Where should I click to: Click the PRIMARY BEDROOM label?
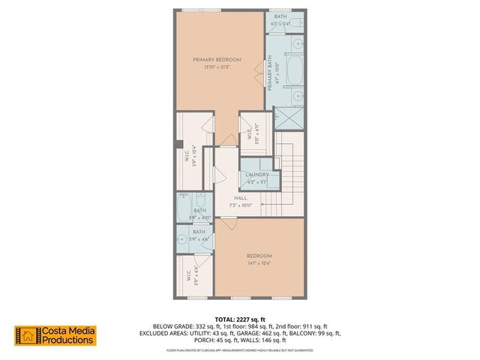217,59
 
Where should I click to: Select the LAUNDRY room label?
257,175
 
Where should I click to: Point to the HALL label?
239,197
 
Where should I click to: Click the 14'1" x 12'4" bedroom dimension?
259,262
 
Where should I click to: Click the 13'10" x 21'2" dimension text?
217,67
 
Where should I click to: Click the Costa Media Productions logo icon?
27,336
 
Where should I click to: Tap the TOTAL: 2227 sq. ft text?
240,319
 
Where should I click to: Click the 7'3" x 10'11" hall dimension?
239,205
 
